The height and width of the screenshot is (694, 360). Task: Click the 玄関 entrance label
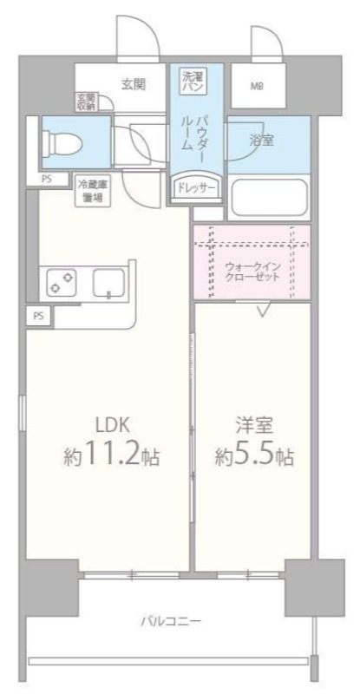click(132, 84)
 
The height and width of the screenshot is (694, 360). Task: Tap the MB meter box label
click(259, 86)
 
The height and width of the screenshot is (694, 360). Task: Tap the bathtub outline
click(268, 198)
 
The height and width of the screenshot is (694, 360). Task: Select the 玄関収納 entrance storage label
click(85, 101)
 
